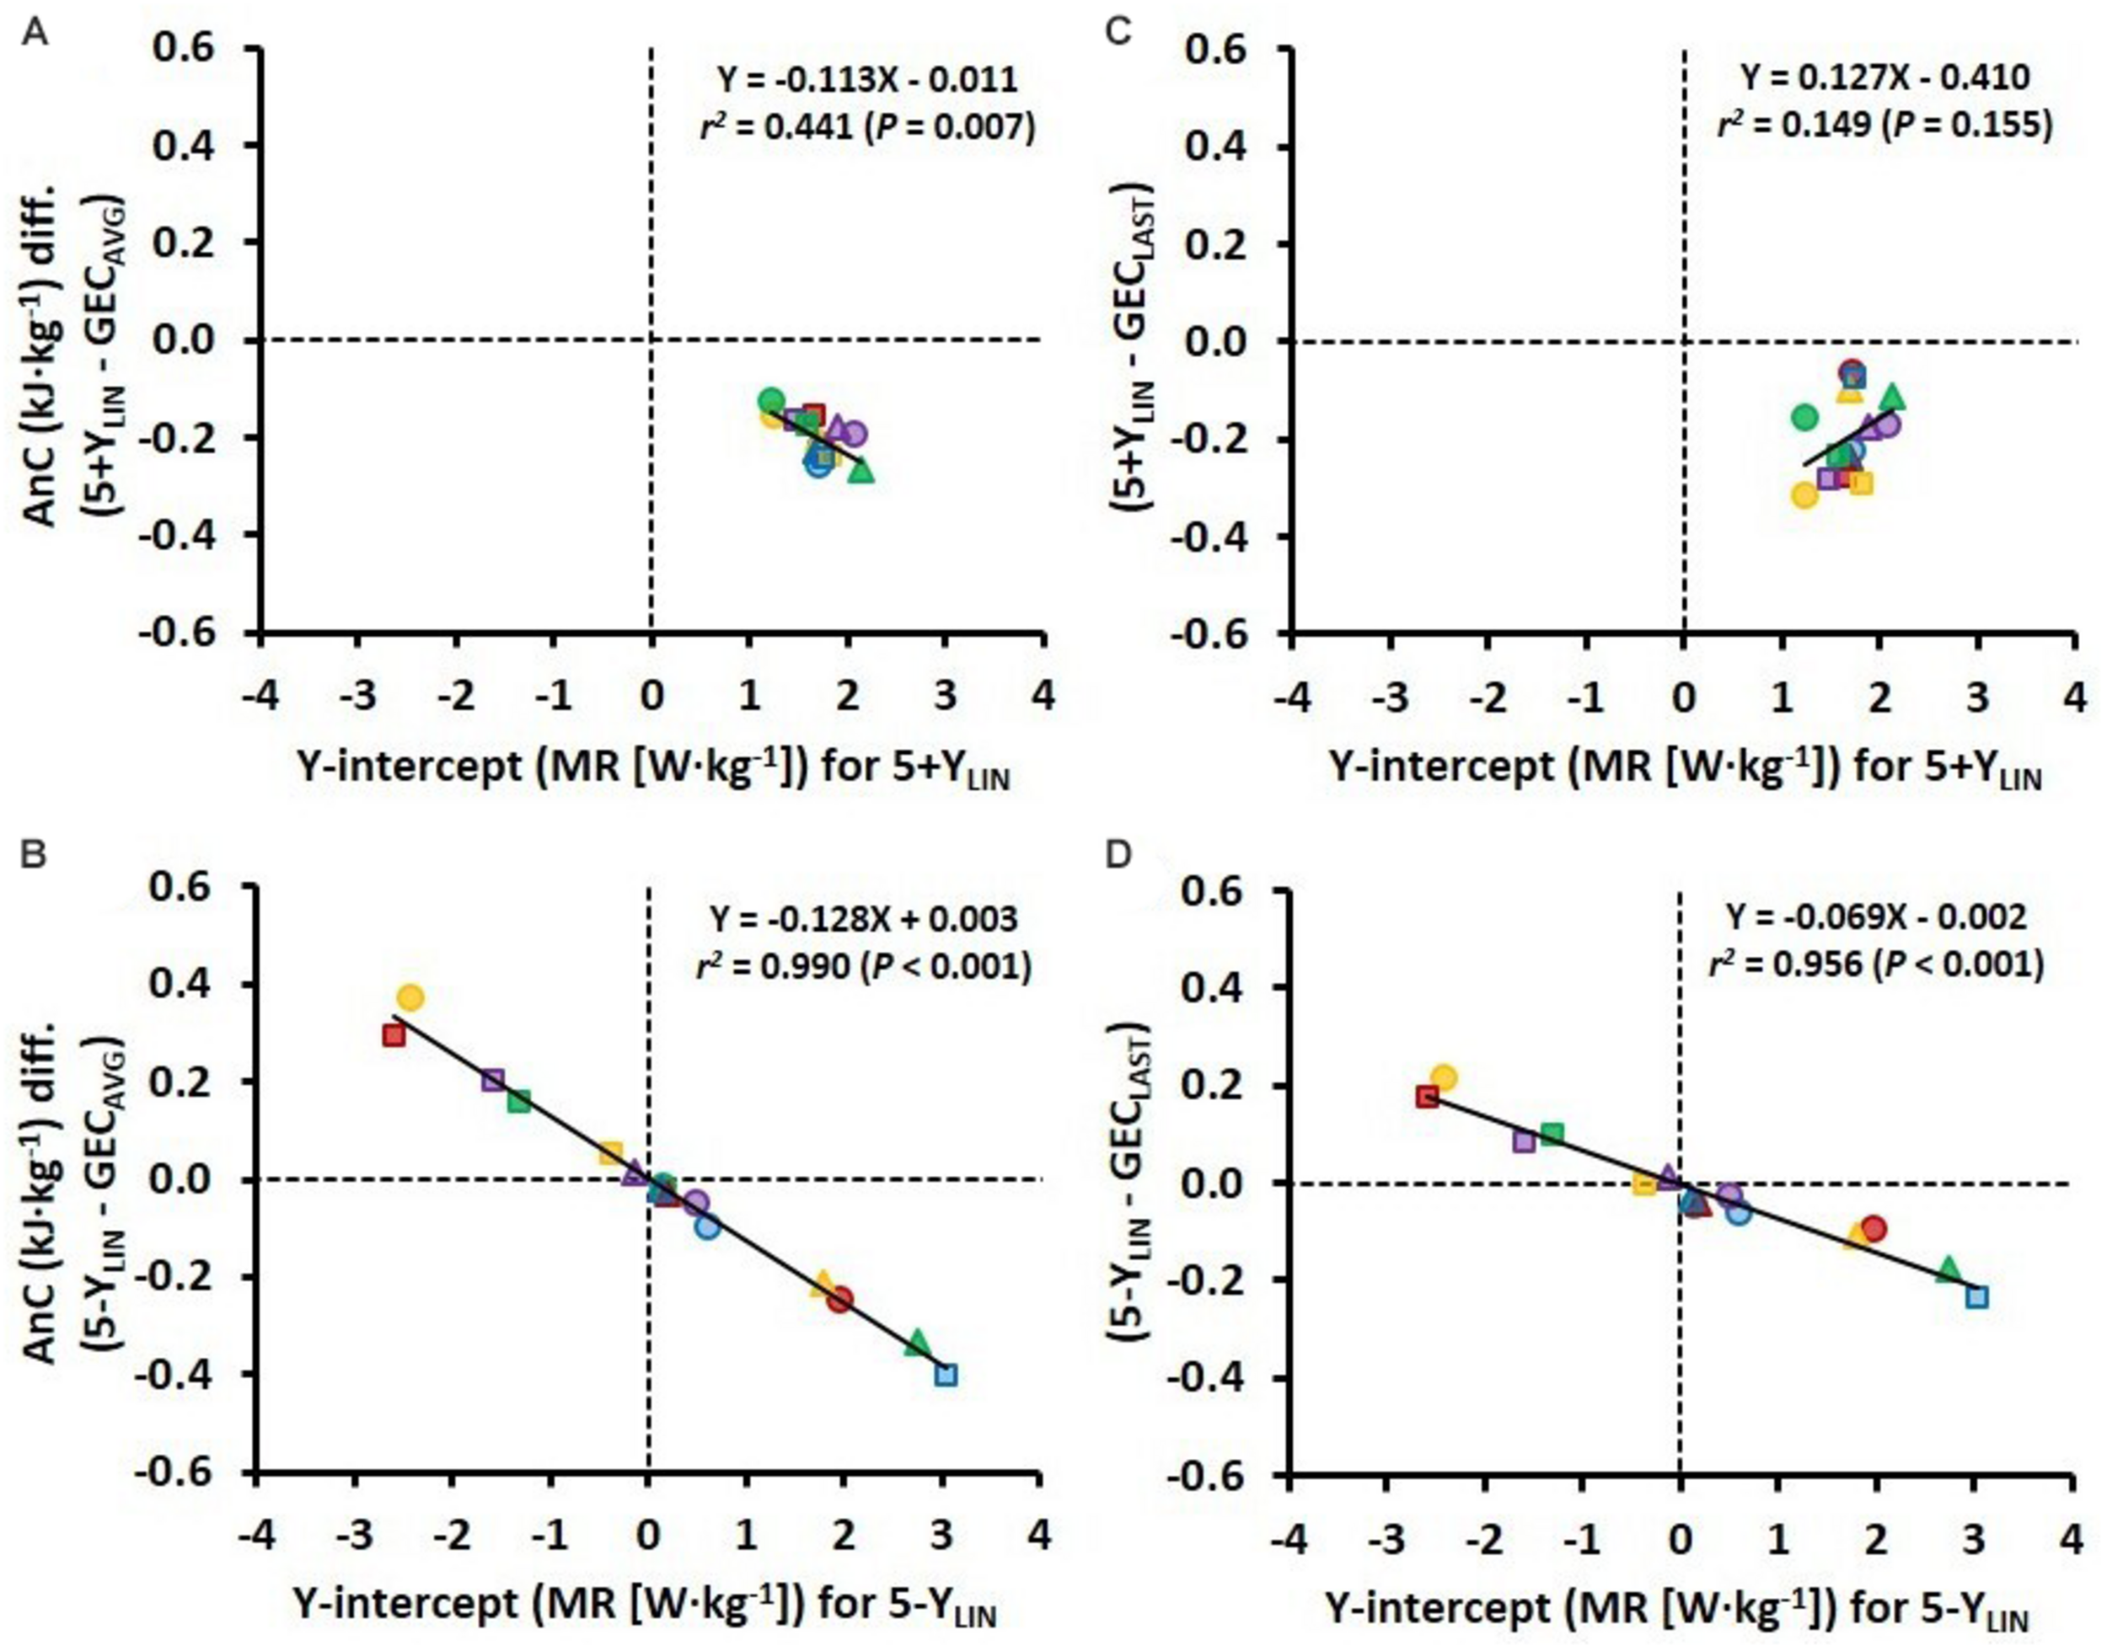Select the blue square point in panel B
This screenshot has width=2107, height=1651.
946,1375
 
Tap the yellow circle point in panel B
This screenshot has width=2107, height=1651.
411,997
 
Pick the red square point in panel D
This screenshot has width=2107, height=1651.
1427,1096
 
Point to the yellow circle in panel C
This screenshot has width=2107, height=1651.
1804,496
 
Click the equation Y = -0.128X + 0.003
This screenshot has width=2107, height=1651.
865,917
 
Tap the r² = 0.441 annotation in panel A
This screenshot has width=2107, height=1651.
867,127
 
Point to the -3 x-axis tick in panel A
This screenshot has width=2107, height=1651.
358,696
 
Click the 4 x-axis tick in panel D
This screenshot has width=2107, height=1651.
2069,1537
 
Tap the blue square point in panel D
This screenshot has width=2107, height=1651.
1977,1296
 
